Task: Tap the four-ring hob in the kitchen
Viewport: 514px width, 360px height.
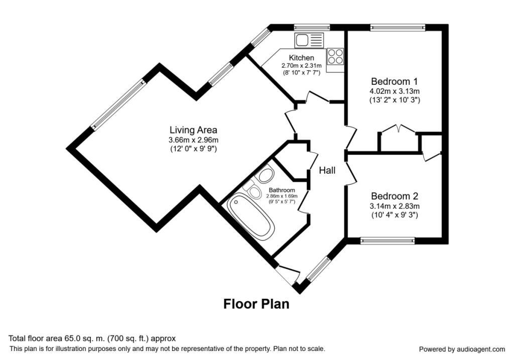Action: coord(335,56)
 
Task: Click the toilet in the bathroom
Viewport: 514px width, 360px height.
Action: coord(252,191)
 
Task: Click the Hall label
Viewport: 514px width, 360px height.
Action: coord(327,171)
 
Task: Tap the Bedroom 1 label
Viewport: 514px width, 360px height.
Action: coord(394,81)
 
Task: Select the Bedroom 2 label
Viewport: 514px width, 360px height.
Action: coord(394,196)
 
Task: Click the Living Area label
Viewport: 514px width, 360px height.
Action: coord(193,131)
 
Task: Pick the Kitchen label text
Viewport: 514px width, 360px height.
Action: coord(301,58)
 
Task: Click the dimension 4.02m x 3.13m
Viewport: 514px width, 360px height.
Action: coord(394,91)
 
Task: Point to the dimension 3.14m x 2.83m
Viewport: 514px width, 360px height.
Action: coord(394,206)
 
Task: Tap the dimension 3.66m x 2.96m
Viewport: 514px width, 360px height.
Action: coord(193,140)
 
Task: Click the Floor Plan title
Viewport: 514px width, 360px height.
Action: coord(256,304)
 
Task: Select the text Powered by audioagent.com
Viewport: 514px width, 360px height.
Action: coord(462,349)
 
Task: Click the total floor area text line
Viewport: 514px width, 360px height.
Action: coord(92,339)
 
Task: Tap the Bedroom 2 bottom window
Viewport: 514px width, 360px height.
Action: coord(388,241)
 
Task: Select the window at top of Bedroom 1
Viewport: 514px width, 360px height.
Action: coord(398,27)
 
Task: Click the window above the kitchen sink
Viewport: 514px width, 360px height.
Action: coord(312,27)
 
